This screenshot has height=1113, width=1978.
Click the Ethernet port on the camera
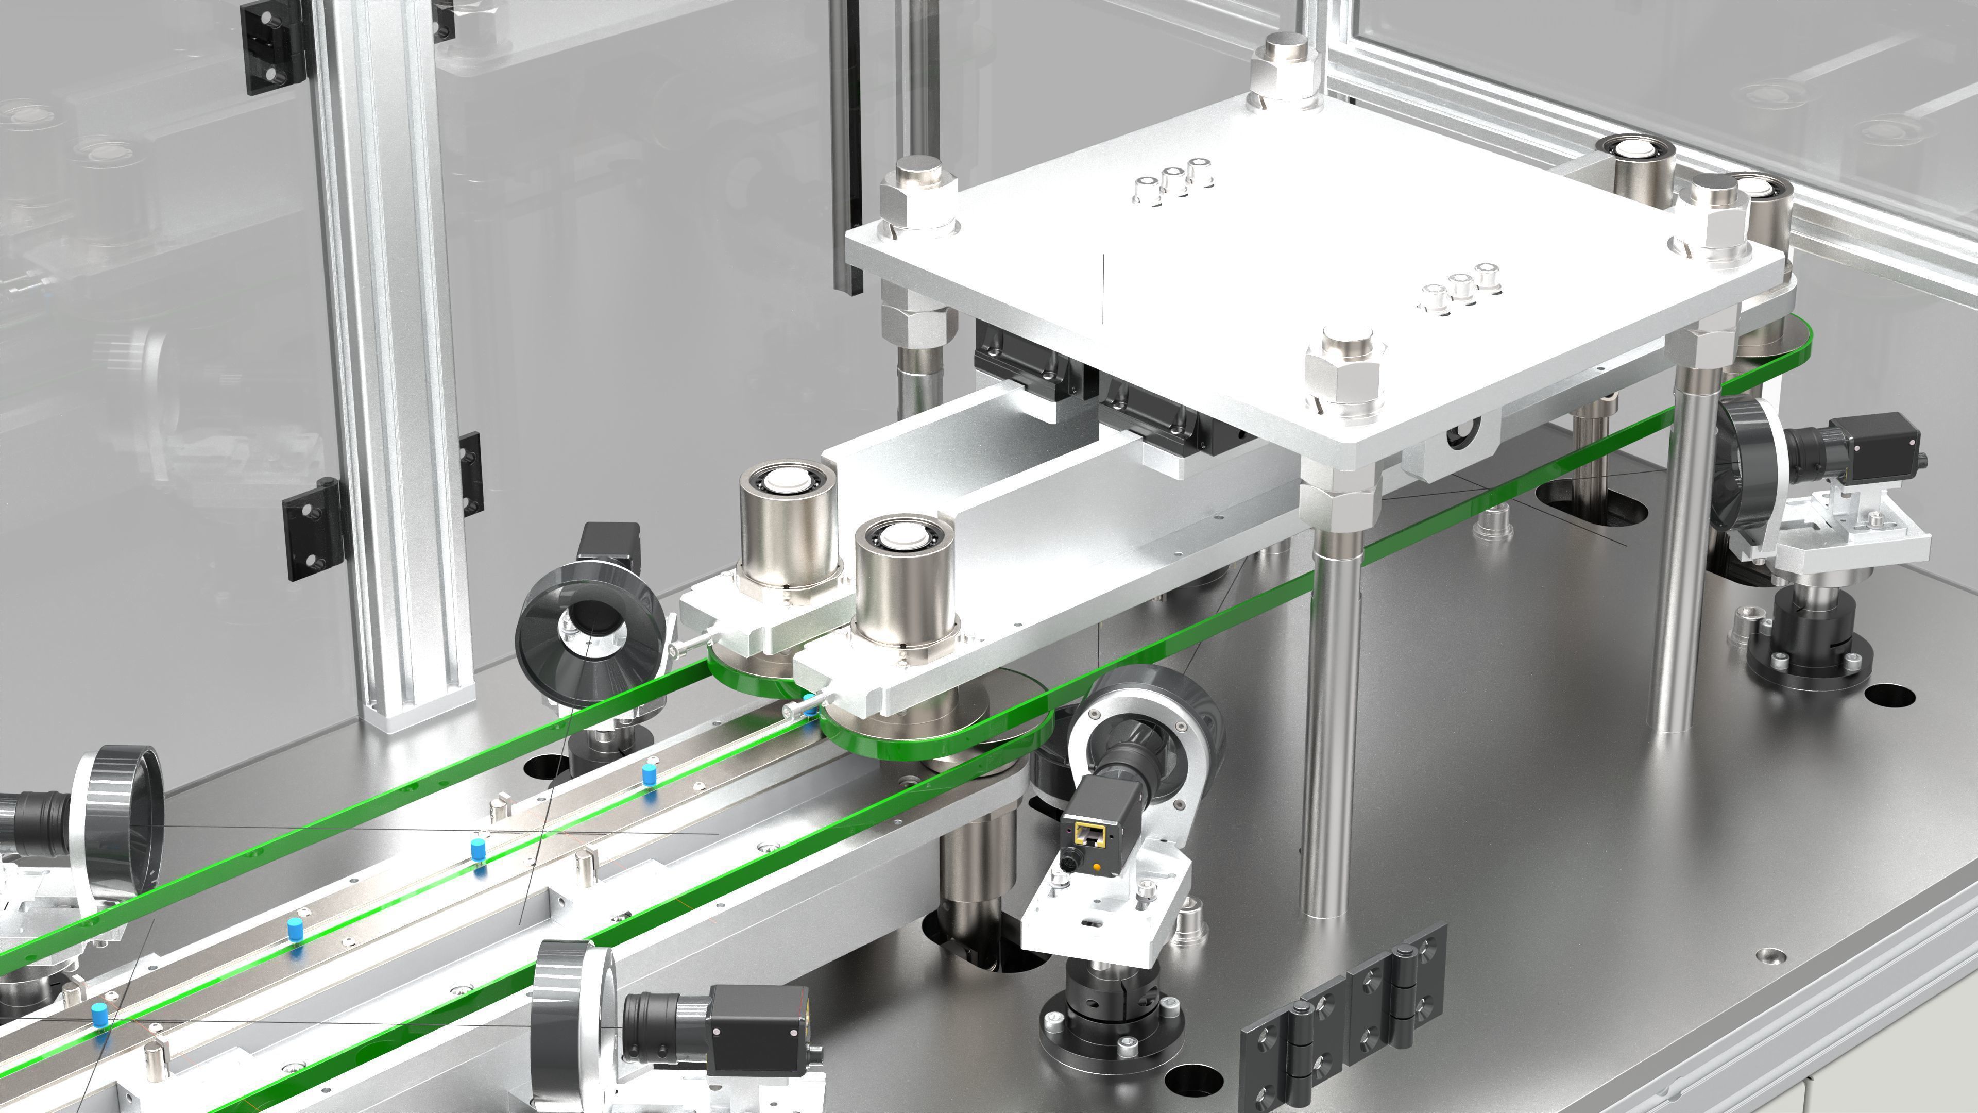point(1087,833)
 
